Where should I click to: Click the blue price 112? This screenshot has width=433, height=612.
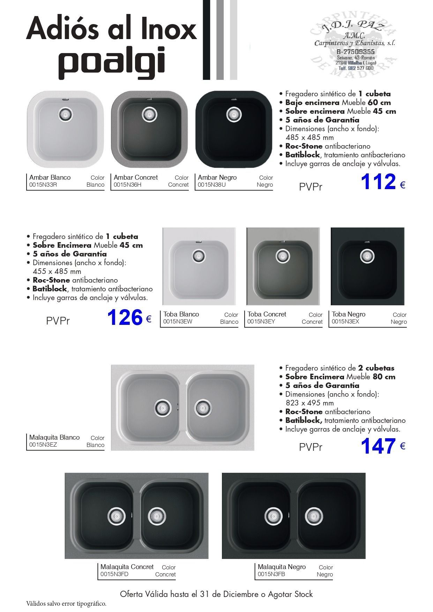tap(378, 182)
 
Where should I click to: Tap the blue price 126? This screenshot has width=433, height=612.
tap(125, 318)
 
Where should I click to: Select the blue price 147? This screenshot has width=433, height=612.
tap(378, 446)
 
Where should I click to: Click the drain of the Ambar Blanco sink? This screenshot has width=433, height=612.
tap(65, 114)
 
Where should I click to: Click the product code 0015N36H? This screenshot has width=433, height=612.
tap(127, 185)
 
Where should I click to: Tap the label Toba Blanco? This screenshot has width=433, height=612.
tap(181, 314)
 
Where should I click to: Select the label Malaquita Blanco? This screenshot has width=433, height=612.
tap(54, 438)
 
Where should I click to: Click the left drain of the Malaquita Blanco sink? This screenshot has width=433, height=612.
tap(162, 407)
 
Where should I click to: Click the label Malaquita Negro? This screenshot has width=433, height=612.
tap(282, 567)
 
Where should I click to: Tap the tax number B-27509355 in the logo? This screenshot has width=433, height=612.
tap(355, 52)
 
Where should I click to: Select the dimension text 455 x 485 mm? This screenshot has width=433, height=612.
tap(57, 271)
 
